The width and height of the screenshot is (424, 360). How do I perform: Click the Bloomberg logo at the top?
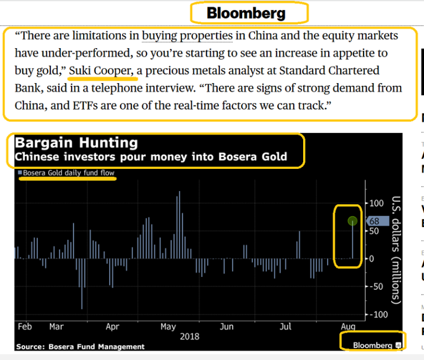click(x=246, y=13)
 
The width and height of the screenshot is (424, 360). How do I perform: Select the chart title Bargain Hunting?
click(x=76, y=142)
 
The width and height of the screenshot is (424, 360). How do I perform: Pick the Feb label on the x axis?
click(x=24, y=327)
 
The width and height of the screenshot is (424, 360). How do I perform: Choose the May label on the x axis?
click(x=168, y=327)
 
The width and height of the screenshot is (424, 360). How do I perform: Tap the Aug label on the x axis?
click(x=348, y=327)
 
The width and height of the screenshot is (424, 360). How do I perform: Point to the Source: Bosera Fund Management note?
click(x=80, y=347)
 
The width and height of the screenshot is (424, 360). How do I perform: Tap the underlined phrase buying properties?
click(x=187, y=37)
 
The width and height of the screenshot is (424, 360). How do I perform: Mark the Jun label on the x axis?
click(x=227, y=327)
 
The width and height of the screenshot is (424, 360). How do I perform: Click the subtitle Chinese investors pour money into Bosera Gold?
click(x=151, y=157)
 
